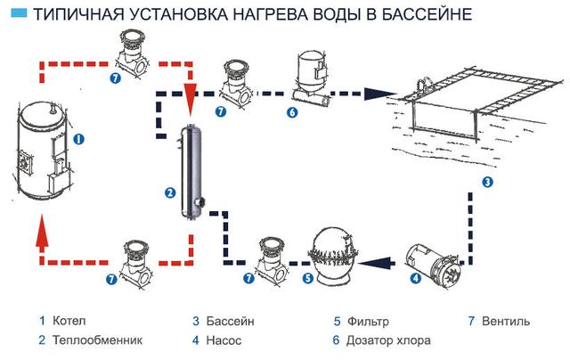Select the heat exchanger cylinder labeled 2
click(x=190, y=168)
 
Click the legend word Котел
click(x=69, y=321)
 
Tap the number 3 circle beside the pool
click(x=488, y=183)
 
